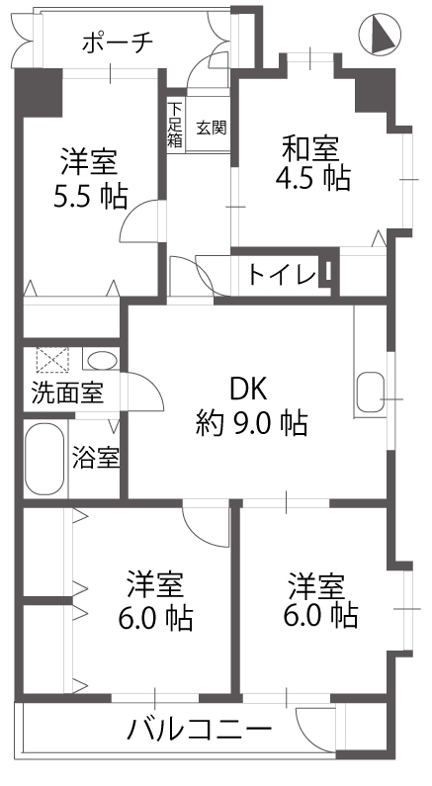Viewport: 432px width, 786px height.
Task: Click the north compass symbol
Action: pos(380,33)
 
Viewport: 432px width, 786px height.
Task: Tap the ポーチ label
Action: pos(118,44)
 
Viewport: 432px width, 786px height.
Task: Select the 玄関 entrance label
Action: pos(211,128)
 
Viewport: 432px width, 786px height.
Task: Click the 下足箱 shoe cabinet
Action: pos(175,125)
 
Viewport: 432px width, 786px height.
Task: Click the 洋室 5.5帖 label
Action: pos(91,178)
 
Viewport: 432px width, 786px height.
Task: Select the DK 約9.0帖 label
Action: pos(251,407)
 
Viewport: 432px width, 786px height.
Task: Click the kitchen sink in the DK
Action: pos(371,393)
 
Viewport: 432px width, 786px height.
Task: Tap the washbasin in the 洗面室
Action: pos(102,361)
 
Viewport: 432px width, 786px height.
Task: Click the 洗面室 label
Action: pos(67,393)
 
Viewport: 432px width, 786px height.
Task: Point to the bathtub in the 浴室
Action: pos(44,459)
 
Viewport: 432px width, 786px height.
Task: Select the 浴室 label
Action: pos(96,458)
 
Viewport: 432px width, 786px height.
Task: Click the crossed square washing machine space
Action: pos(52,360)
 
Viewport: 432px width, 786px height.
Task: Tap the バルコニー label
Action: pos(200,729)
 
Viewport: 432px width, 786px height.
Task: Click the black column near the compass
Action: pos(375,90)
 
